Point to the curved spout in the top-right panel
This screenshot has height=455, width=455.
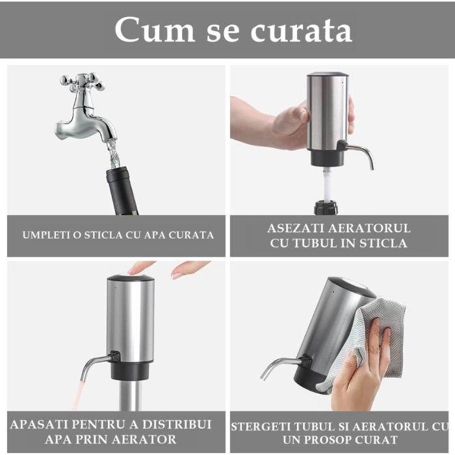point(361,152)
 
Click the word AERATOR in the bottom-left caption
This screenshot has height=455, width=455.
point(144,440)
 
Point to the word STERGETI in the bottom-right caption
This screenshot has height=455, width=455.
point(263,426)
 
